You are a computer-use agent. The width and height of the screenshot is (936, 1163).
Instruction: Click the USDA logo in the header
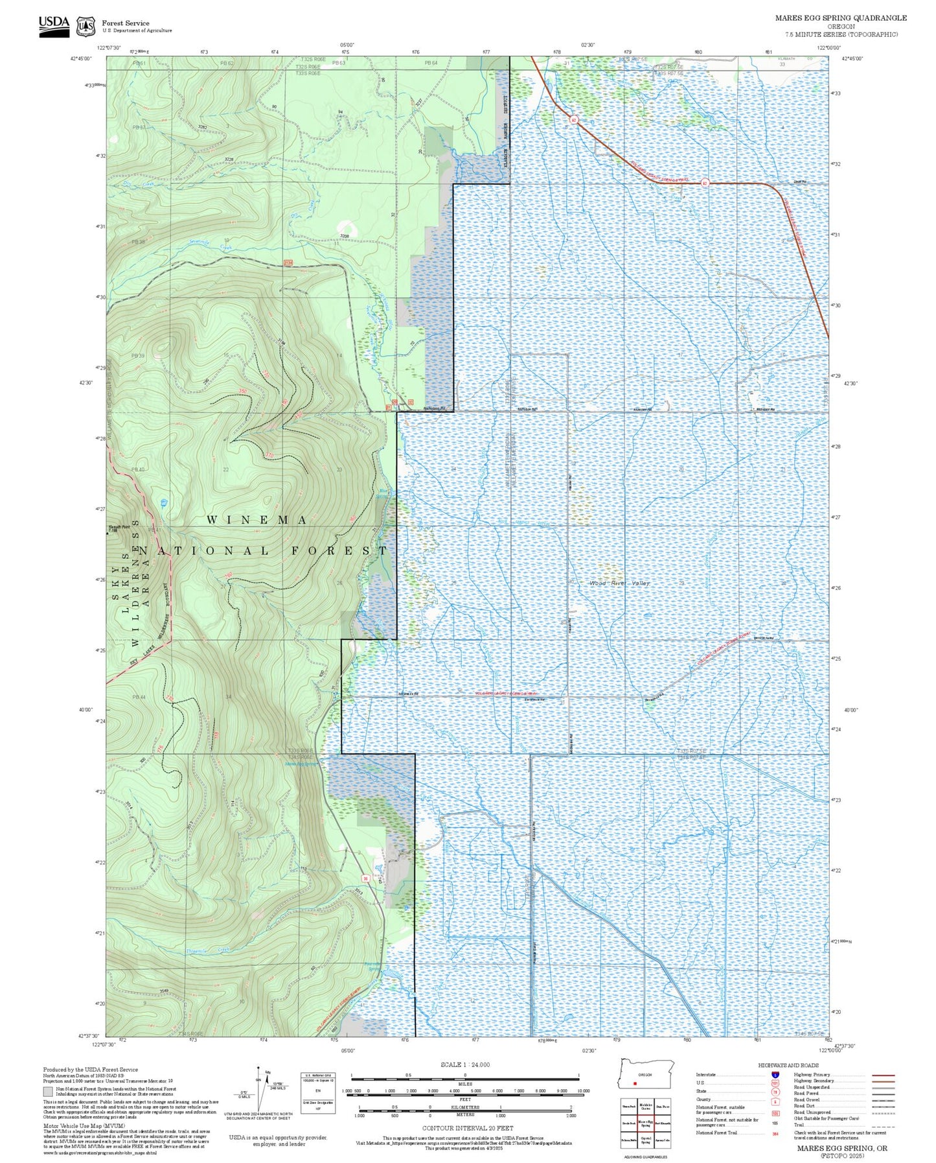(54, 26)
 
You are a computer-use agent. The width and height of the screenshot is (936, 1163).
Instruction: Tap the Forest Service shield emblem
(86, 27)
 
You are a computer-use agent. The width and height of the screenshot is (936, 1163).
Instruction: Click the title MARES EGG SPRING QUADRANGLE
(840, 18)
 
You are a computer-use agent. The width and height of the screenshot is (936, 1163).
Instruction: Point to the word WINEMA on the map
(257, 520)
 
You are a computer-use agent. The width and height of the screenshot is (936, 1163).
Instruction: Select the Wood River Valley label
(619, 583)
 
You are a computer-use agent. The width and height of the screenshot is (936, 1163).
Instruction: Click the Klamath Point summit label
(119, 527)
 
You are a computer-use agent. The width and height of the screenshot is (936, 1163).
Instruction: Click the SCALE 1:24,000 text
(464, 1064)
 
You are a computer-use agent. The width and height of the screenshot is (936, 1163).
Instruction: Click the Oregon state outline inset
(646, 1075)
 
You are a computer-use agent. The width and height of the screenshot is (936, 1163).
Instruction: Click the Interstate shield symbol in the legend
(775, 1074)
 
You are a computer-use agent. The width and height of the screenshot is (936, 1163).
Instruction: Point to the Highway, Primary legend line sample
(883, 1075)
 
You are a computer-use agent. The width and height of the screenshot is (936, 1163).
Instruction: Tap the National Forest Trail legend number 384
(775, 1133)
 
